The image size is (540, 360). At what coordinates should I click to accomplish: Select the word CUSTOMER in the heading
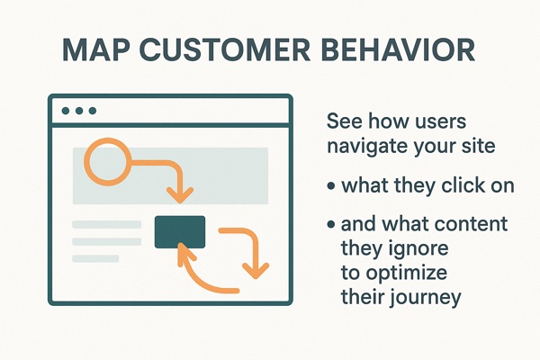[x=224, y=49]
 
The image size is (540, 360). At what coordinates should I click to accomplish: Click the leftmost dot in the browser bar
[x=65, y=111]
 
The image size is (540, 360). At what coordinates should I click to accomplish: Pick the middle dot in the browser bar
[x=78, y=111]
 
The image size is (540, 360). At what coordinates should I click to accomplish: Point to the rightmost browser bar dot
[x=92, y=111]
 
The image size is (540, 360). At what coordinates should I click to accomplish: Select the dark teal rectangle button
[x=180, y=231]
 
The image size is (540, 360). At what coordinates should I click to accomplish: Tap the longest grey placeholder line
[x=106, y=224]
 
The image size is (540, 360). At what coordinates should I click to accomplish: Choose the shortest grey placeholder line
[x=95, y=258]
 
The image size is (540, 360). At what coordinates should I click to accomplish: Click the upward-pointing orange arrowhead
[x=186, y=254]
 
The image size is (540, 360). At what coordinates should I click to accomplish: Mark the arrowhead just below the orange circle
[x=181, y=193]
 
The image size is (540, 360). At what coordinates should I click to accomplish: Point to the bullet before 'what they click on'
[x=333, y=186]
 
